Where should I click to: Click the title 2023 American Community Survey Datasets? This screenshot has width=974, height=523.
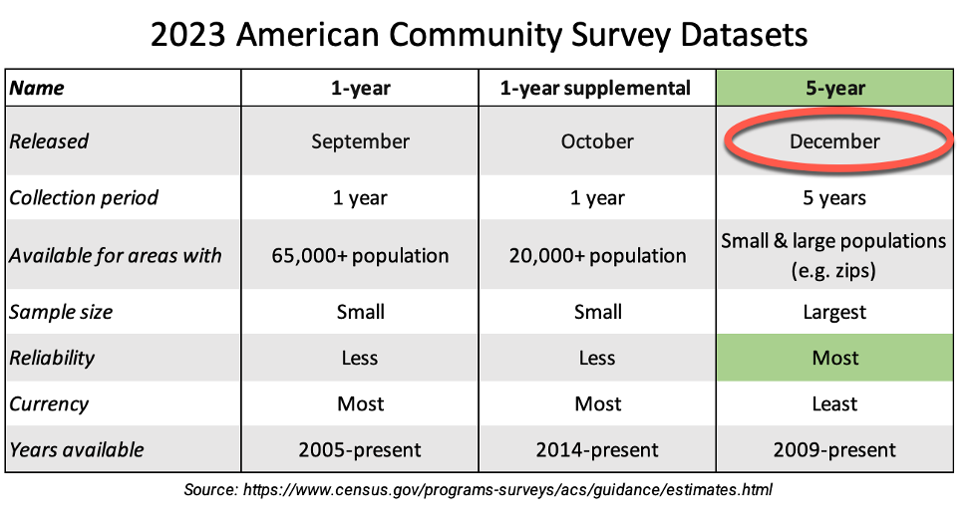coord(479,35)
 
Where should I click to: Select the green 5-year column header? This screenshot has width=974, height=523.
coord(834,88)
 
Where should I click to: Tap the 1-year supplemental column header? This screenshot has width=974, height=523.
coord(596,88)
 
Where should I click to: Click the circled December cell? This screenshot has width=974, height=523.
coord(834,141)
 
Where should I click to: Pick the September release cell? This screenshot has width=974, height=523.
coord(360,141)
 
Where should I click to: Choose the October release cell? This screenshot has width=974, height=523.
coord(596,141)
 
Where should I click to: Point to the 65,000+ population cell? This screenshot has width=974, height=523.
coord(360,255)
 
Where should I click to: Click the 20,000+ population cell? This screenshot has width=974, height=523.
coord(596,255)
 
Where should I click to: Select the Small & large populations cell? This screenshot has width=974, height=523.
coord(834,255)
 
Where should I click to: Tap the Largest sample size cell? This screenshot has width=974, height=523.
coord(834,313)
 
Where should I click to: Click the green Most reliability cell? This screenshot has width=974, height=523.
coord(834,358)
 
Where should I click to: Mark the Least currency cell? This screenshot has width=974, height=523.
coord(834,403)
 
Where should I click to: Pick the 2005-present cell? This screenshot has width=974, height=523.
coord(360,449)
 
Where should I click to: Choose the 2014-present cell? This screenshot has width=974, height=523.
coord(596,449)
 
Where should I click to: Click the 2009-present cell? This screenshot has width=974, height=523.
coord(834,449)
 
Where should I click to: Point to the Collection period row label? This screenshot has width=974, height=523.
coord(84,197)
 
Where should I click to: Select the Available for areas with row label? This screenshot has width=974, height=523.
coord(116,255)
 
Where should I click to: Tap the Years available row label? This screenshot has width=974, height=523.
coord(77,449)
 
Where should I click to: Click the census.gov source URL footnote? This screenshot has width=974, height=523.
coord(479,489)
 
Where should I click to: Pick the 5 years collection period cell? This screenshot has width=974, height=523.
coord(834,197)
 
